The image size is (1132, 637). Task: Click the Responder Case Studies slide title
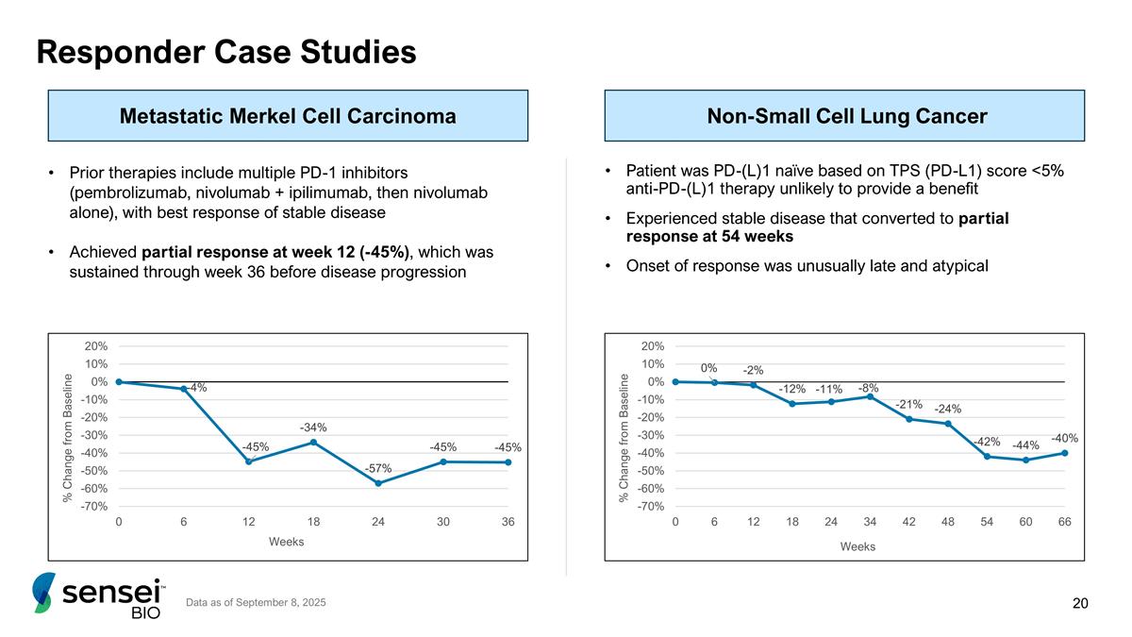[x=225, y=52]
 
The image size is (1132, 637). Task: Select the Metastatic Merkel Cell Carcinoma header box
[x=288, y=116]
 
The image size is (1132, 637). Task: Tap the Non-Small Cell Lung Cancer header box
[x=844, y=116]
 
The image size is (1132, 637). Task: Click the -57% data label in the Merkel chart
[x=378, y=469]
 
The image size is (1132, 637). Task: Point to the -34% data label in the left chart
[x=313, y=427]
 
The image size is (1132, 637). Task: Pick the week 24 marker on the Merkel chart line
[x=378, y=483]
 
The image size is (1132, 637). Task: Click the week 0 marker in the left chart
[x=119, y=382]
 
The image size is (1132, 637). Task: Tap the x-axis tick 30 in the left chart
[x=442, y=521]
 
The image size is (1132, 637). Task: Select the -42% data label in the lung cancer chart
[x=987, y=442]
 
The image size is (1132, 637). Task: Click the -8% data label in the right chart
[x=869, y=388]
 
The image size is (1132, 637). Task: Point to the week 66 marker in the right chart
[x=1065, y=453]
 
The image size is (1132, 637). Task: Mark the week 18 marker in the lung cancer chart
[x=792, y=404]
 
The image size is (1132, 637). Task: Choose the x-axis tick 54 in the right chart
[x=987, y=521]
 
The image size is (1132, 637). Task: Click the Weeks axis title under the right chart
[x=857, y=546]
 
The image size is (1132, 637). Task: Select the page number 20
[x=1080, y=603]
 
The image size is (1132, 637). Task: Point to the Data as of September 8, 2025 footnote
[x=256, y=602]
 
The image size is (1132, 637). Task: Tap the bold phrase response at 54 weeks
[x=709, y=237]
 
